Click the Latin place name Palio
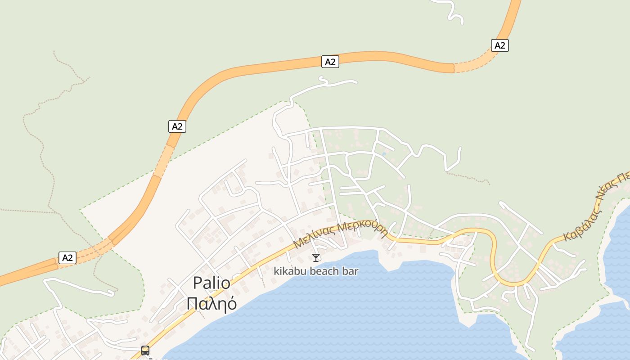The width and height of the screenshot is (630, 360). point(211,283)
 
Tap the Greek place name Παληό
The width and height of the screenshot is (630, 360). point(211,304)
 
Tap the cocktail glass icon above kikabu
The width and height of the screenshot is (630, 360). point(316,258)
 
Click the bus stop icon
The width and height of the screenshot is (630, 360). point(145,350)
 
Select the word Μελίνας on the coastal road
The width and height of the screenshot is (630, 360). point(314,236)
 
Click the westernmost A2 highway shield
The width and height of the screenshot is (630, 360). point(67,258)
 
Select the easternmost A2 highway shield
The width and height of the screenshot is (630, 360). point(499,45)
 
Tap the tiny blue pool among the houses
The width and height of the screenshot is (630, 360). point(383,154)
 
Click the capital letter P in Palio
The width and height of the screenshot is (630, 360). point(197,283)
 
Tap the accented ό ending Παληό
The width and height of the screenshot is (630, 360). point(231,304)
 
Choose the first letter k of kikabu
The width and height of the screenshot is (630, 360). point(276,271)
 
